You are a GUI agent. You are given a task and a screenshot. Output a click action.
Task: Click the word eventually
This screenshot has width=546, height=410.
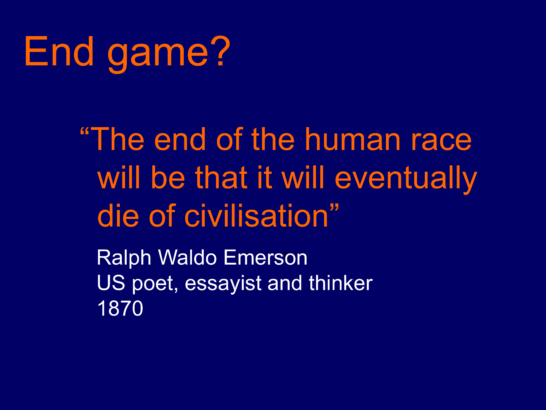[x=406, y=179]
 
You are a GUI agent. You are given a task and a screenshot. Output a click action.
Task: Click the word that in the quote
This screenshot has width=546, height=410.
[x=221, y=177]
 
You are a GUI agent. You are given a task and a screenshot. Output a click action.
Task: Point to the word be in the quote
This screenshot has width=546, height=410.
[x=168, y=177]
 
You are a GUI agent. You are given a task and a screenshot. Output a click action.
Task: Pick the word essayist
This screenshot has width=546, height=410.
[x=223, y=284]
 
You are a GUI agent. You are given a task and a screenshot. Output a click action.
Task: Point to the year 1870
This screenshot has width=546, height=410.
[x=120, y=308]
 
